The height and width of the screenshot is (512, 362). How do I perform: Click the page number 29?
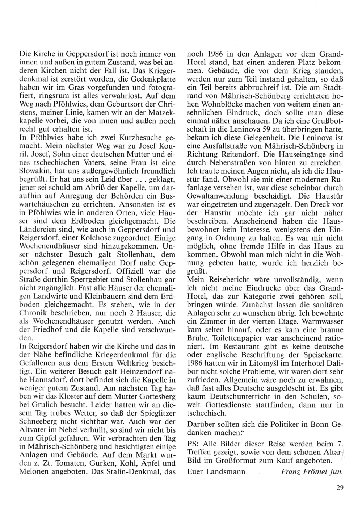click(339, 488)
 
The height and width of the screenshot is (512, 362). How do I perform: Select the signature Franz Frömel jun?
click(312, 471)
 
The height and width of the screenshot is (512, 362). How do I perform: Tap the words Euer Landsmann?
click(216, 471)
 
